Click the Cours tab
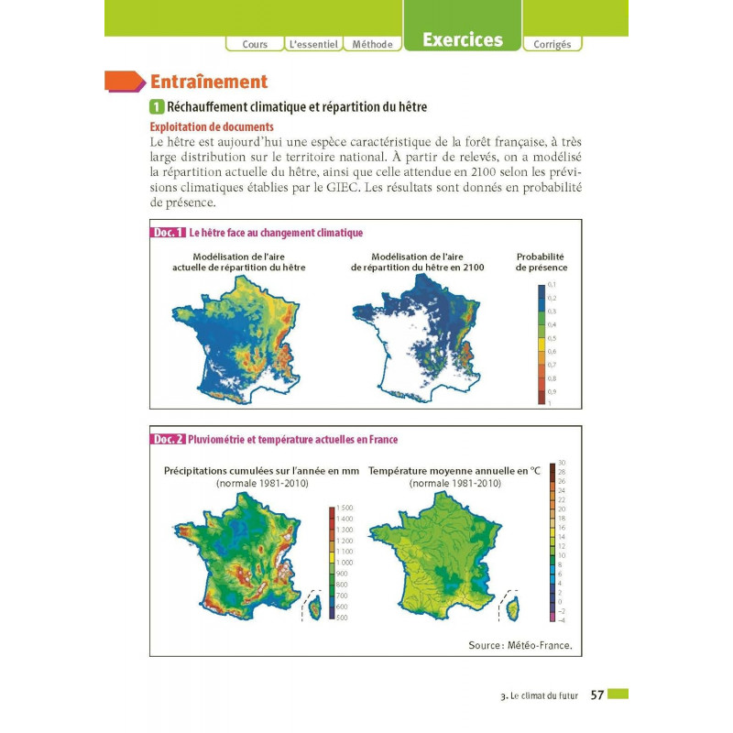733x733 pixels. [x=255, y=44]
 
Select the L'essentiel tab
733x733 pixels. [x=313, y=44]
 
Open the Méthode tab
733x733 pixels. [x=372, y=44]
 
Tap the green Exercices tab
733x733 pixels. [x=462, y=39]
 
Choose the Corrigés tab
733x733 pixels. [x=552, y=44]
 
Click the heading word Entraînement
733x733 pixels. [x=208, y=82]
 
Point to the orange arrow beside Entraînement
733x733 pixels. [x=126, y=82]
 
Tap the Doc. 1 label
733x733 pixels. [x=169, y=233]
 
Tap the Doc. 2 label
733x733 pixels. [x=169, y=439]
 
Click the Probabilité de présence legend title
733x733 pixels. [x=541, y=262]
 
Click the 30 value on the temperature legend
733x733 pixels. [x=562, y=463]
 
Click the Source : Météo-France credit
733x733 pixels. [x=520, y=645]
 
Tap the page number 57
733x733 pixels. [x=596, y=695]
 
